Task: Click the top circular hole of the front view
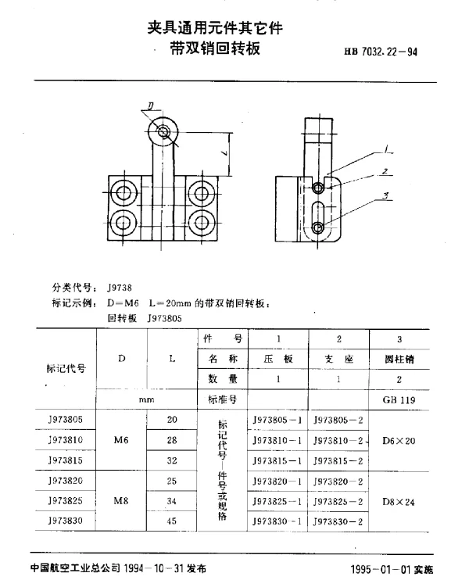click(163, 131)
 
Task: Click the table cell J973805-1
click(278, 419)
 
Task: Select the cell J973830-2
click(339, 520)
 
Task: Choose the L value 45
click(173, 520)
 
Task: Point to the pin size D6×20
click(400, 440)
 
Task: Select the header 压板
click(278, 359)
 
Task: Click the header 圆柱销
click(400, 359)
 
